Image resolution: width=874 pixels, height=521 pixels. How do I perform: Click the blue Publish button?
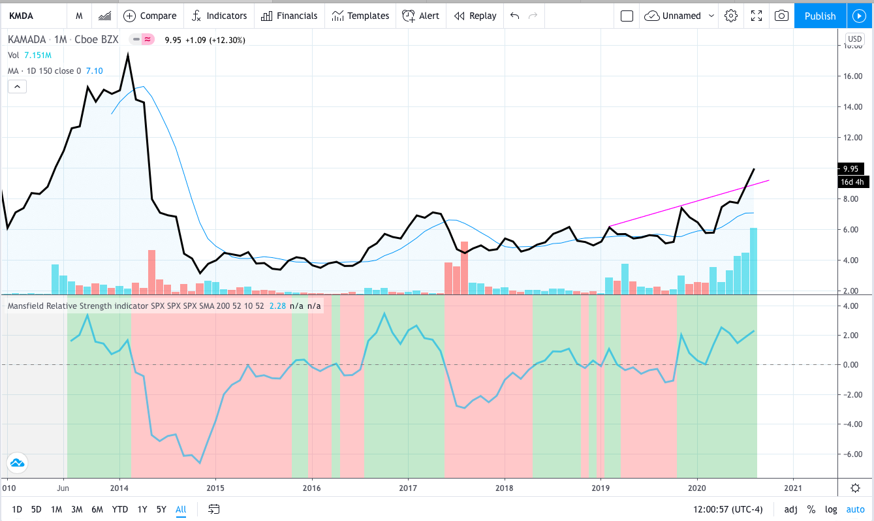[x=820, y=16]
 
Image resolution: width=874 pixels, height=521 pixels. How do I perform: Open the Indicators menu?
[x=219, y=16]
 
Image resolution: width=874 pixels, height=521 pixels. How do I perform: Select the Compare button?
[x=149, y=16]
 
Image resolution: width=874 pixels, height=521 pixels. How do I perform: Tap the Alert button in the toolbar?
[x=420, y=16]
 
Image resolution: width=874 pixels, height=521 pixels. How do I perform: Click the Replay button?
[x=475, y=16]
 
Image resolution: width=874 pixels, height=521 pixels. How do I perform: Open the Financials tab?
[x=289, y=16]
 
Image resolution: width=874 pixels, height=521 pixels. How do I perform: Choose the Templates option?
[x=360, y=16]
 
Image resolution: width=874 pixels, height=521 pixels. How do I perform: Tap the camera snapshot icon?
[x=781, y=16]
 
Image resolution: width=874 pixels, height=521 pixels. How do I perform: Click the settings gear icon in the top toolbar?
[x=730, y=16]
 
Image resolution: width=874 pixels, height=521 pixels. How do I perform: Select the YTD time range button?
[x=119, y=509]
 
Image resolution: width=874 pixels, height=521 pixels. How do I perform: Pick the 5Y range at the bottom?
[x=161, y=509]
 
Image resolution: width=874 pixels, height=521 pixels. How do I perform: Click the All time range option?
[x=181, y=509]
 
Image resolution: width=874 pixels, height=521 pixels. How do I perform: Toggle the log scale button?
[x=831, y=509]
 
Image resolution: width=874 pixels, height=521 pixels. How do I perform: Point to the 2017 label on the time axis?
[x=408, y=488]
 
